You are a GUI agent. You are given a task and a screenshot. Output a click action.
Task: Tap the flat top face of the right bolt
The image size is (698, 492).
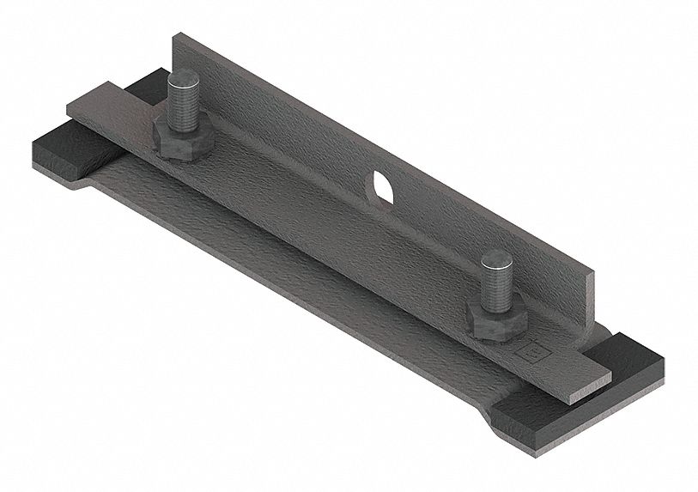click(495, 258)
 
